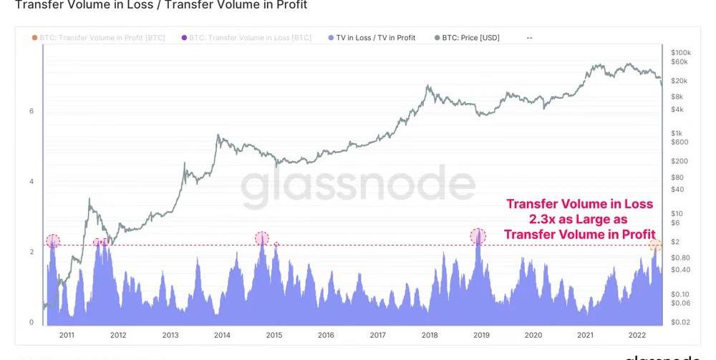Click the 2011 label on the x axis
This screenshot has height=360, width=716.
pos(67,334)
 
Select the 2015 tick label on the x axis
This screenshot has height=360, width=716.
pos(274,334)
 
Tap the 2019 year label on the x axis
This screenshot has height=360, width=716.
pos(481,334)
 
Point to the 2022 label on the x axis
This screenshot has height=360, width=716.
pos(637,334)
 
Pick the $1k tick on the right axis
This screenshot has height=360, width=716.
pos(677,134)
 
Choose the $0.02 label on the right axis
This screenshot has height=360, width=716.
pos(679,323)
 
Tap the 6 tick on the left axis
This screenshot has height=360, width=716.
pos(32,111)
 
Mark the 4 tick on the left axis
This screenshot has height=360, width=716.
pos(32,182)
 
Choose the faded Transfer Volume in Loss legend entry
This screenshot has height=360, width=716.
pos(251,37)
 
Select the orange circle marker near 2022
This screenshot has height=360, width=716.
pos(654,245)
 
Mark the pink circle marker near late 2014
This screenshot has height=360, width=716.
pos(262,238)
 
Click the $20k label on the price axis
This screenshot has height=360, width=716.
pos(679,80)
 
